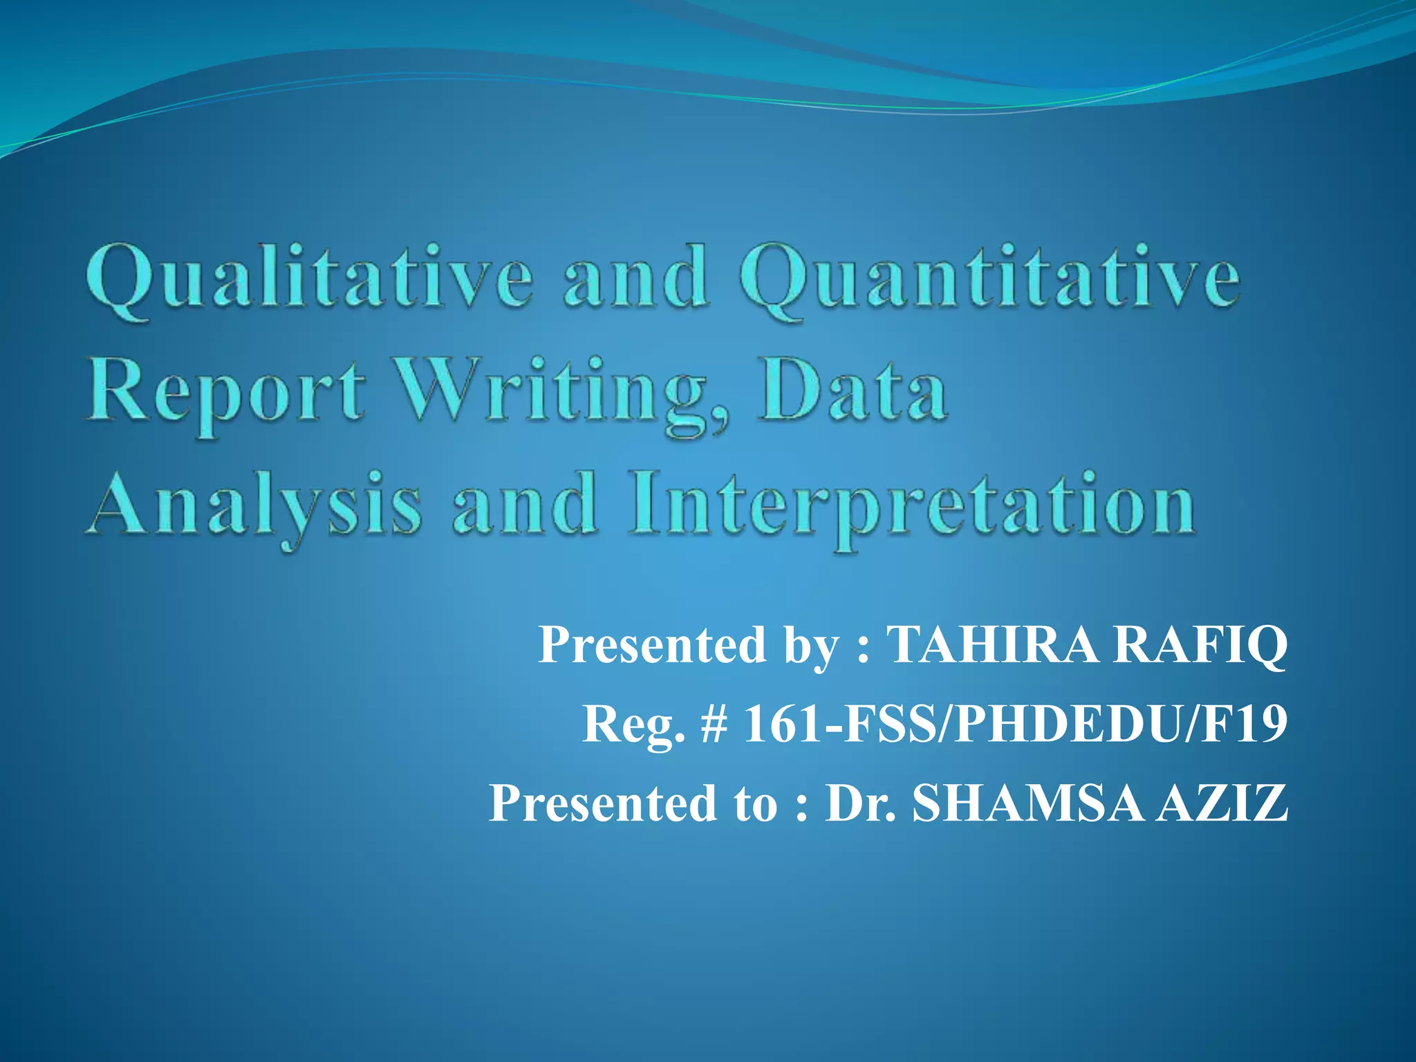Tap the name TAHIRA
point(992,644)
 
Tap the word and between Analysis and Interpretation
point(525,505)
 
